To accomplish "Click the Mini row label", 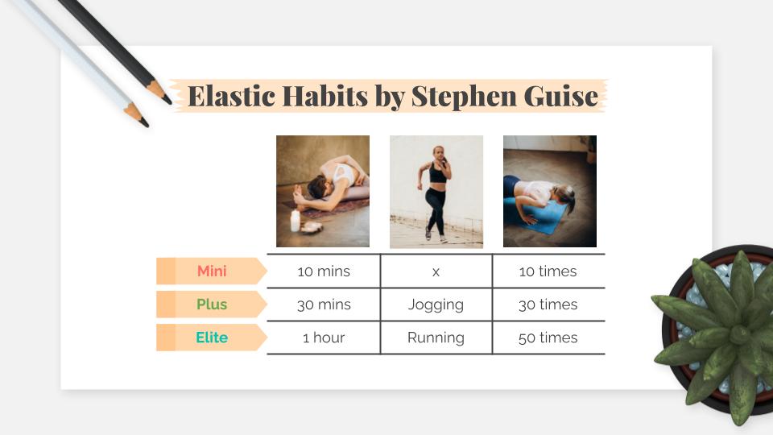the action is click(212, 271).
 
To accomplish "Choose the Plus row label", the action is click(212, 304).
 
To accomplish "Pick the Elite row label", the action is click(212, 338).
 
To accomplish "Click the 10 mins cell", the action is click(324, 271).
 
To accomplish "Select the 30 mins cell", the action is click(324, 304).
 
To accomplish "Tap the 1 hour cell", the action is click(324, 338).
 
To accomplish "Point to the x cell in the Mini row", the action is click(436, 271).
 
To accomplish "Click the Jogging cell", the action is click(436, 304).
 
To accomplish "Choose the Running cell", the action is click(436, 338).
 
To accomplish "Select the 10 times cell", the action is click(548, 271).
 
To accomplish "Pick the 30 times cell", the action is click(548, 304).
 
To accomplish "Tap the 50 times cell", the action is click(548, 338).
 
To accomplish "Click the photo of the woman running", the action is click(436, 192).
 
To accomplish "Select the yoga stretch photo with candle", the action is click(323, 192).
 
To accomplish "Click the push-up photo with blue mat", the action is click(550, 192).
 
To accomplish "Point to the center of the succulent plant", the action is click(739, 334).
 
